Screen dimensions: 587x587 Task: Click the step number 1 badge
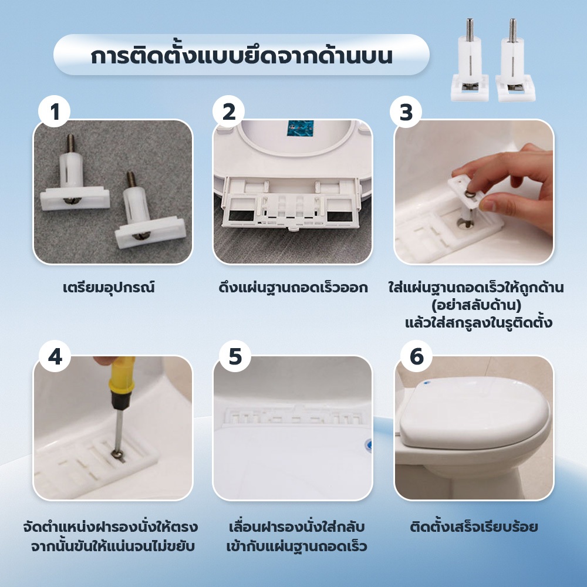tap(54, 112)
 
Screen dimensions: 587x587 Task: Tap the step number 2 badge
tap(228, 112)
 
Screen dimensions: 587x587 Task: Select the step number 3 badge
tap(406, 112)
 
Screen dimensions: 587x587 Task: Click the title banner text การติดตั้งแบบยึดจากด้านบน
tap(241, 56)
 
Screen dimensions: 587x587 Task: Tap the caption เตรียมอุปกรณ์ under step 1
tap(109, 288)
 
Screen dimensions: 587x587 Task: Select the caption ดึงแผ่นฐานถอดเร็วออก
tap(293, 288)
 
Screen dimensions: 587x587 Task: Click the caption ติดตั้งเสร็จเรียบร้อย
tap(474, 527)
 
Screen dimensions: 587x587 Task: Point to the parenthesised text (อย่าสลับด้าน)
tap(476, 305)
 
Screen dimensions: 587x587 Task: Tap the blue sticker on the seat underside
tap(300, 128)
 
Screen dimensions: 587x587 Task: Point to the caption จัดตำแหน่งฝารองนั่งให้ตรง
tap(110, 527)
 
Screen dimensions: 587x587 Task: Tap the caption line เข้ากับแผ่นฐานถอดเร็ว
tap(296, 546)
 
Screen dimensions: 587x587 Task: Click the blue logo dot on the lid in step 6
tap(427, 383)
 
